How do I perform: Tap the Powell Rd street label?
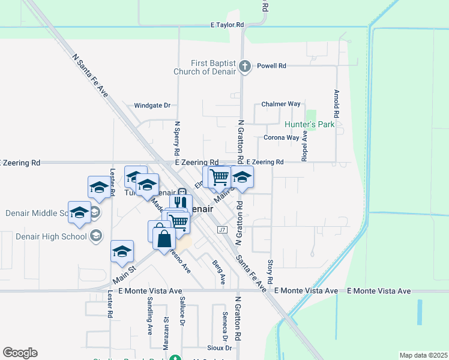[271, 66]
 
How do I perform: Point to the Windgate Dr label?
[152, 105]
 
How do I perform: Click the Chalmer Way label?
[281, 104]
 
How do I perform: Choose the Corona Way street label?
[281, 137]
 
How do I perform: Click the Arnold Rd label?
[337, 103]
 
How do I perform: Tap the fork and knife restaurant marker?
[181, 204]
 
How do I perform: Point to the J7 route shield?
[221, 229]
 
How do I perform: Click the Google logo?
[20, 353]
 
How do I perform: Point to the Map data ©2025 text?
[423, 355]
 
